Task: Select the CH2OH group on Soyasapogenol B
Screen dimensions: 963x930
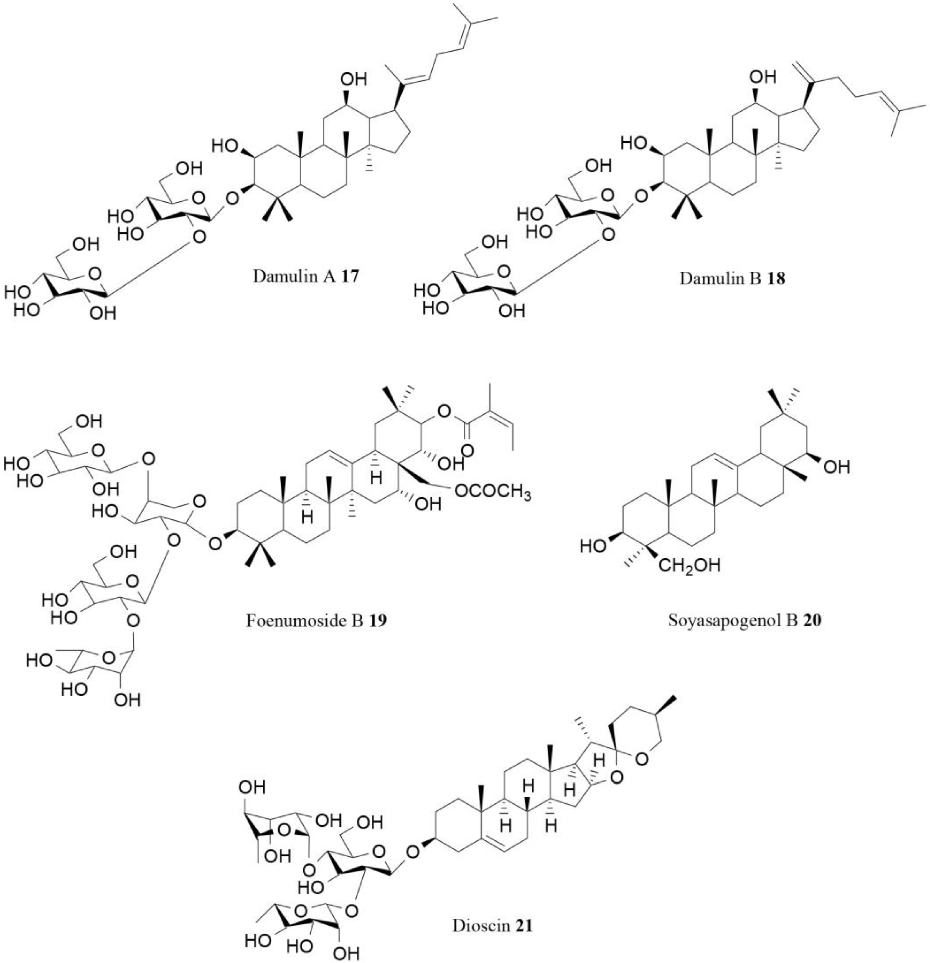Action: (x=689, y=565)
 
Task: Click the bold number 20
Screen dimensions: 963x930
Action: (x=812, y=621)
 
